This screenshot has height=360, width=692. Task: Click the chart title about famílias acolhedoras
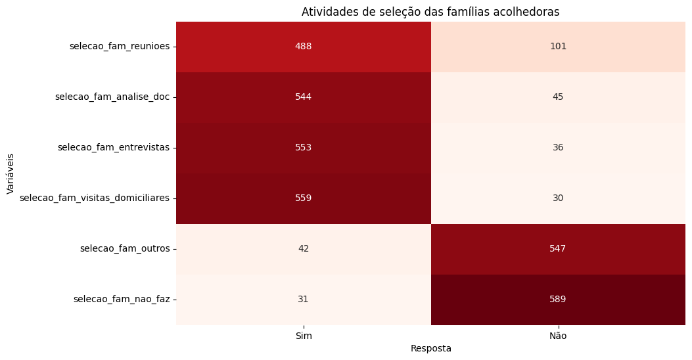(x=430, y=12)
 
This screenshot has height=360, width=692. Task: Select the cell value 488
(x=304, y=47)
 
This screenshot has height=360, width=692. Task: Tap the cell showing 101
(x=558, y=47)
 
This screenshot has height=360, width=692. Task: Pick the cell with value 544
(x=304, y=97)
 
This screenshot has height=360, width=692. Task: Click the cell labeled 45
(x=558, y=97)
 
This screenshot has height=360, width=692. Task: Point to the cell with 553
(x=304, y=148)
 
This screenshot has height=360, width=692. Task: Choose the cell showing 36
(x=558, y=148)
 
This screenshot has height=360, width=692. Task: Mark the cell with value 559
(x=304, y=198)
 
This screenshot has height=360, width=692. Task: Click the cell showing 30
(x=558, y=198)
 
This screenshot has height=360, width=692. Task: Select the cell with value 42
(x=304, y=249)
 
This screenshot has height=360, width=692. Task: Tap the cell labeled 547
(x=558, y=249)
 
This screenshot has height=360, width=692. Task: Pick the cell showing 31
(x=304, y=300)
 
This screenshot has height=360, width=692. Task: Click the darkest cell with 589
(x=558, y=300)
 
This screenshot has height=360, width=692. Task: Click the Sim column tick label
(x=304, y=336)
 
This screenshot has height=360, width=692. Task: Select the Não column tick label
(x=558, y=336)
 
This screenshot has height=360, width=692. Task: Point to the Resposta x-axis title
(x=430, y=349)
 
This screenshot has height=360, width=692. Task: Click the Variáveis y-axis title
(x=11, y=173)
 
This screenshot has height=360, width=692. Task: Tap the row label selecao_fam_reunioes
(x=119, y=47)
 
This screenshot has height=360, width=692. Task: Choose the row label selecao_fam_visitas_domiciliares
(x=95, y=198)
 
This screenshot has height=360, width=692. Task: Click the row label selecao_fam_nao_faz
(x=122, y=300)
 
